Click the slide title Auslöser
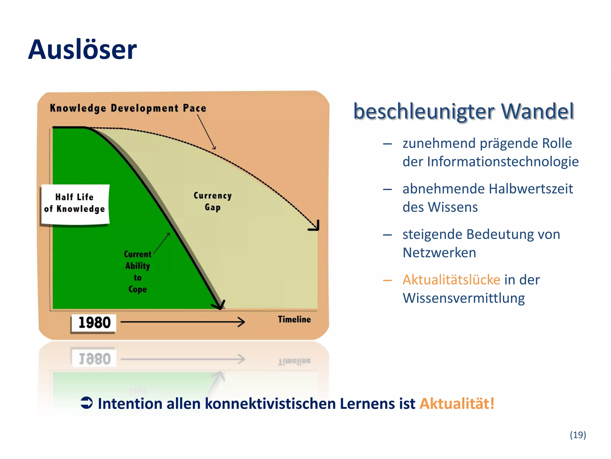tap(82, 50)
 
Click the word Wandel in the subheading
tap(537, 111)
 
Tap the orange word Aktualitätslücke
tap(451, 280)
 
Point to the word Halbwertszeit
tap(531, 189)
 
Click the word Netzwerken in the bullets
tap(439, 253)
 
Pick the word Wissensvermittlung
tap(464, 298)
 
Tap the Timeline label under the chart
tap(294, 319)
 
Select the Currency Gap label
tap(212, 201)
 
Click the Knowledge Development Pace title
tap(128, 108)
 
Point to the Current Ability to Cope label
tap(138, 271)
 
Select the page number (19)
tap(578, 435)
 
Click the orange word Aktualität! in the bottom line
tap(457, 404)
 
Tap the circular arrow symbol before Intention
tap(87, 403)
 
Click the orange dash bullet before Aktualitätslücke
tap(387, 280)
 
